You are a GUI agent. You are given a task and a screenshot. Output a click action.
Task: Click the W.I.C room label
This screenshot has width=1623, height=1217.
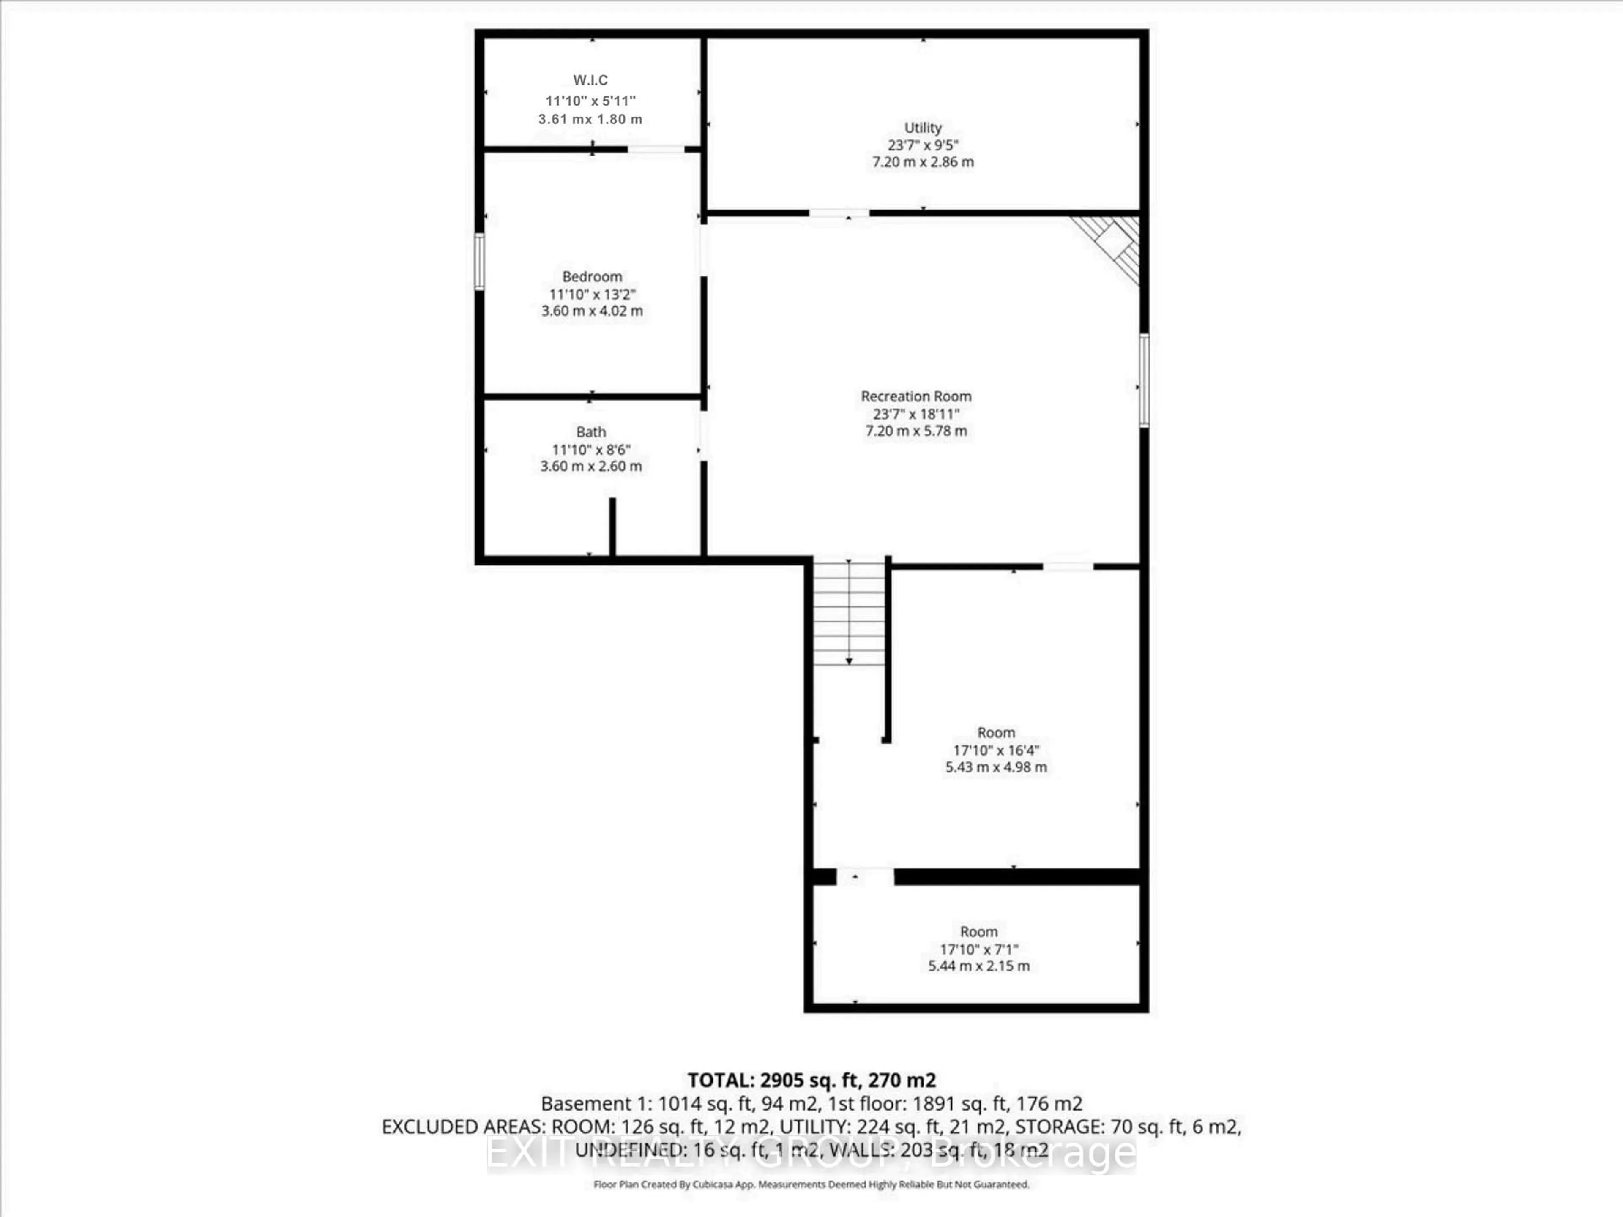tap(590, 80)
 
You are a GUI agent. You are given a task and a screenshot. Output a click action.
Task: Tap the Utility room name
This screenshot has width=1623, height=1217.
tap(922, 128)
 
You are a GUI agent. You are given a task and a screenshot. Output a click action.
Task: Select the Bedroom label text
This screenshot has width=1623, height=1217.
tap(591, 276)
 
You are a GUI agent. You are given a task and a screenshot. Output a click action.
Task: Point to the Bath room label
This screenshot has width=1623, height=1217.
tap(590, 432)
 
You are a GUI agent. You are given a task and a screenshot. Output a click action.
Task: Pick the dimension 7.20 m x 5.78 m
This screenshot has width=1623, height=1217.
tap(916, 431)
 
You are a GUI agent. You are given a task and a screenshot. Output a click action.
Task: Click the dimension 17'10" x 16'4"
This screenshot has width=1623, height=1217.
tap(996, 750)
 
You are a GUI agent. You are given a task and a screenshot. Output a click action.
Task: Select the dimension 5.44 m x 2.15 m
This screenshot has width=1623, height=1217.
tap(979, 966)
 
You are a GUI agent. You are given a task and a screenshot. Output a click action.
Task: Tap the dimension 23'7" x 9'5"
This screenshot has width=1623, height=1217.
tap(922, 145)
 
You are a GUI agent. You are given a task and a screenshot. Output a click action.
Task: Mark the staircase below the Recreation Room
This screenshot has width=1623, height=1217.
tap(849, 613)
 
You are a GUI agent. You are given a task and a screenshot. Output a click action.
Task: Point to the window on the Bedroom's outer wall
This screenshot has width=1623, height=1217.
tap(479, 261)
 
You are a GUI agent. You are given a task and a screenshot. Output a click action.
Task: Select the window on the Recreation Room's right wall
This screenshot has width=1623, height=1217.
tap(1144, 380)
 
